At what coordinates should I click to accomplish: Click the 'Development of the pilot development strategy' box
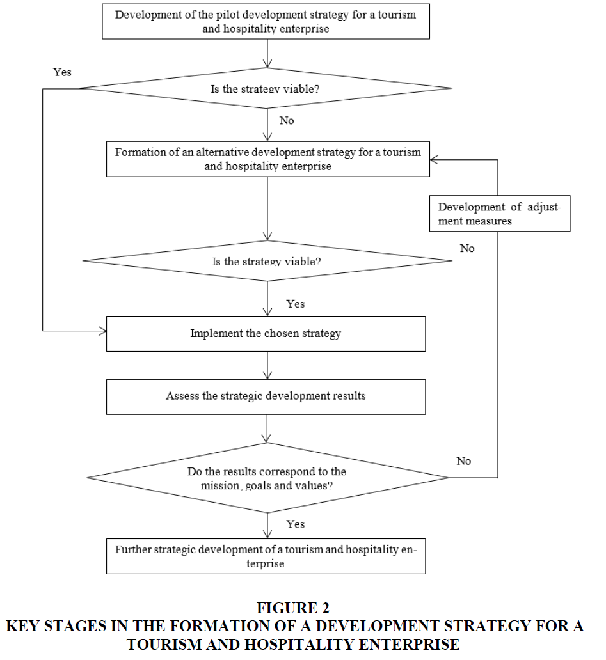coord(266,22)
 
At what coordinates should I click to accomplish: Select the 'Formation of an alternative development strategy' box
coord(268,159)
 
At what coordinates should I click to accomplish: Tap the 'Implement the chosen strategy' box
coord(266,334)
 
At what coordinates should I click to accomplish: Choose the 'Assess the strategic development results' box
coord(266,397)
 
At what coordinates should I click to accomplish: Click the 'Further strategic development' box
coord(266,556)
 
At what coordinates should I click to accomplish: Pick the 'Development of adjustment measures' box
coord(500,214)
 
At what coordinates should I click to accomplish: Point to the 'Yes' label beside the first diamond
coord(62,72)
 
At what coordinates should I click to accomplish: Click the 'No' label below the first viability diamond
coord(287,121)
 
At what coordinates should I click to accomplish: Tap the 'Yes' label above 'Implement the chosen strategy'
coord(295,304)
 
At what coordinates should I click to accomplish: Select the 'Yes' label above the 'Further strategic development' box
coord(295,524)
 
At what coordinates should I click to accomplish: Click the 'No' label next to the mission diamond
coord(464,461)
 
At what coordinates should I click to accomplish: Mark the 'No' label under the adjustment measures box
coord(467,248)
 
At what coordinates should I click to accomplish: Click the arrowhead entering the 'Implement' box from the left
coord(103,331)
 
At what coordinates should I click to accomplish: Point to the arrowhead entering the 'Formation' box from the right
coord(434,159)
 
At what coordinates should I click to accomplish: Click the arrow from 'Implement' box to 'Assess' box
coord(267,365)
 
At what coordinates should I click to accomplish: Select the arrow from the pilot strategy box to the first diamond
coord(267,54)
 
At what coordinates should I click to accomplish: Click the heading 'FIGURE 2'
coord(293,608)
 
